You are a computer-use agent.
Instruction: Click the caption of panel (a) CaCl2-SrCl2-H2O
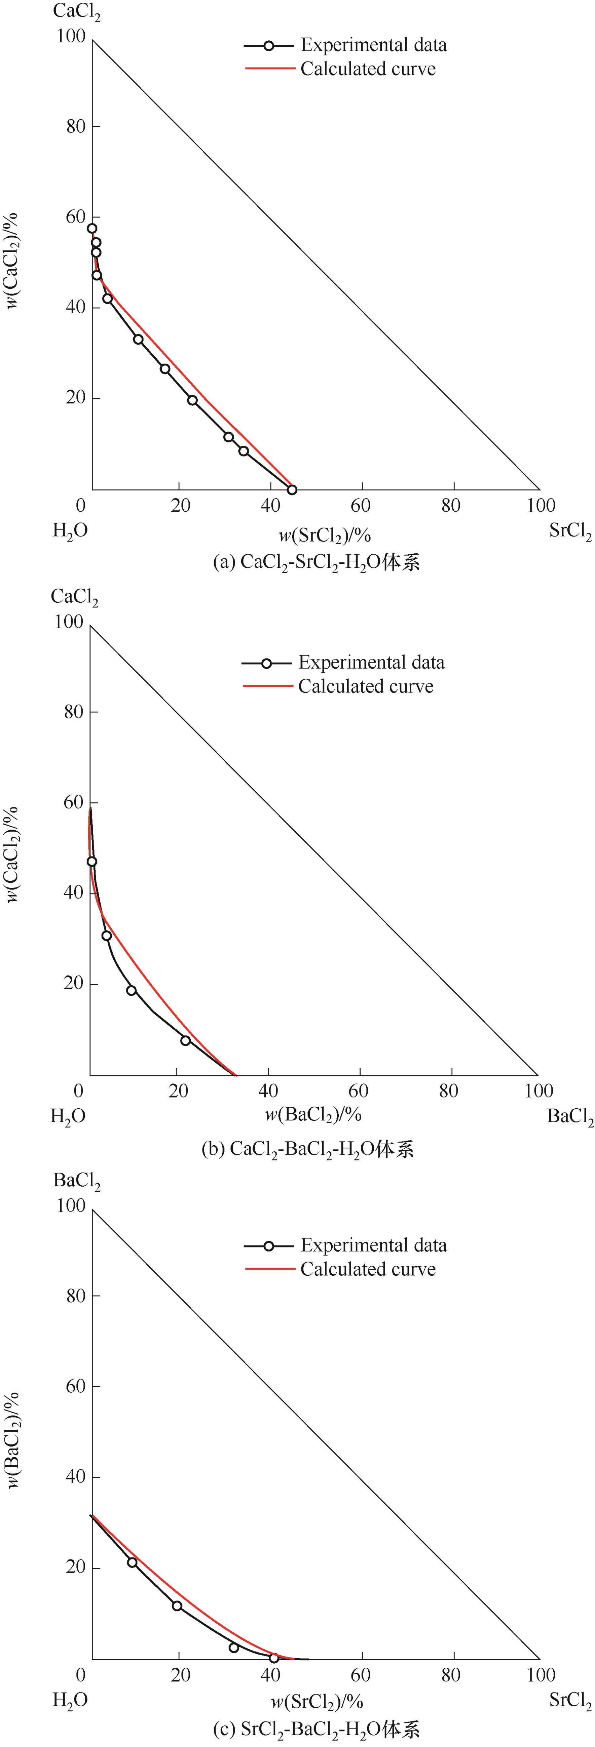pos(316,562)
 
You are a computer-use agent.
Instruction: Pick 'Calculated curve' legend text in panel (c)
pos(368,1269)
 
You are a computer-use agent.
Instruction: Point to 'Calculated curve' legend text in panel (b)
pos(366,686)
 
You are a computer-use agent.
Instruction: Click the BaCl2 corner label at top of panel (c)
pos(77,1181)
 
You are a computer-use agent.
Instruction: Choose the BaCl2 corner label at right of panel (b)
pos(570,1116)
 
